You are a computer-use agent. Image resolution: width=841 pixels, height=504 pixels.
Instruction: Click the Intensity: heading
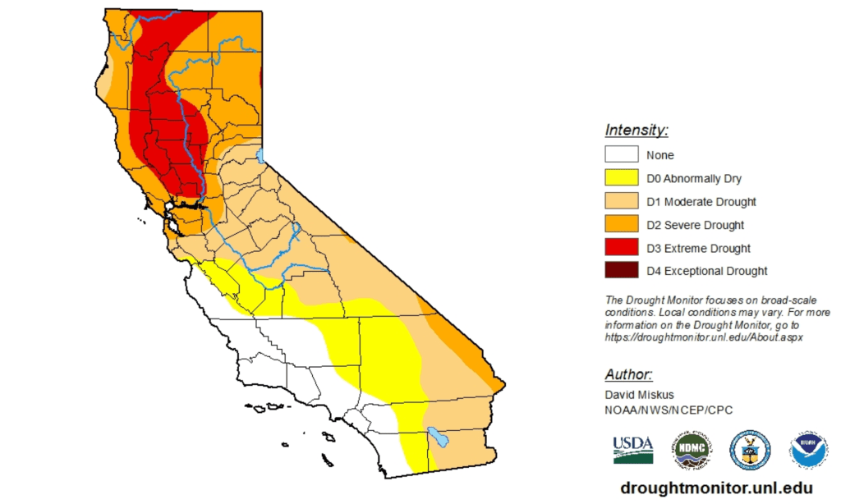[x=636, y=130]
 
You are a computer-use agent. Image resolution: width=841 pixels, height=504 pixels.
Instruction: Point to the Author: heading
[x=629, y=374]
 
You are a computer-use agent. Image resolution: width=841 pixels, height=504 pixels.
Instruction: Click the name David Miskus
[x=641, y=395]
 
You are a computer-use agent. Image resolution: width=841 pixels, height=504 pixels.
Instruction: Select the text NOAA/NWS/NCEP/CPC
[x=669, y=410]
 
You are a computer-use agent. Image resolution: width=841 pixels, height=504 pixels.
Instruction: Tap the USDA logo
[x=633, y=449]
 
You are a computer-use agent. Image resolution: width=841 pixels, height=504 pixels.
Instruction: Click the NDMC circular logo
[x=692, y=449]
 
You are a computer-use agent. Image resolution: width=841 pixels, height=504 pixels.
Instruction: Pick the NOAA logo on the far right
[x=809, y=449]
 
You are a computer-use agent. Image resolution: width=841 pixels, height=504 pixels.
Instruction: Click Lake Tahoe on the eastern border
[x=260, y=154]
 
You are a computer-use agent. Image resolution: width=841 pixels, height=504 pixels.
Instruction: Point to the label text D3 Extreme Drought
[x=698, y=248]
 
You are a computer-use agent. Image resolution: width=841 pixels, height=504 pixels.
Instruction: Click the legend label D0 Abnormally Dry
[x=694, y=178]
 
